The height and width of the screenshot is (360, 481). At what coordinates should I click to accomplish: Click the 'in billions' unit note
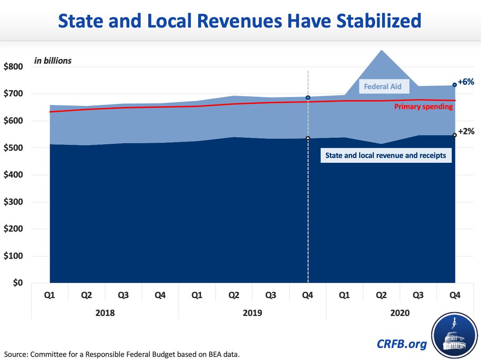pyautogui.click(x=53, y=61)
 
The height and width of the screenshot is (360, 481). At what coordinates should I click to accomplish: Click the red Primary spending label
pyautogui.click(x=424, y=107)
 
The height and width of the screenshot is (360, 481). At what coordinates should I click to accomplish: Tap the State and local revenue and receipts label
pyautogui.click(x=386, y=156)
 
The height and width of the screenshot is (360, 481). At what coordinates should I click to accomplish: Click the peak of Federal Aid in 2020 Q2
pyautogui.click(x=381, y=51)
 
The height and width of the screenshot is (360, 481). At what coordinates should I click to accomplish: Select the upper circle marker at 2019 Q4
pyautogui.click(x=308, y=97)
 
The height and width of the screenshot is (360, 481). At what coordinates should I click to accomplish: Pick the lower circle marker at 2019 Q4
pyautogui.click(x=308, y=138)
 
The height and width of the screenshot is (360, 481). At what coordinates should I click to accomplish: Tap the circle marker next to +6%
pyautogui.click(x=455, y=85)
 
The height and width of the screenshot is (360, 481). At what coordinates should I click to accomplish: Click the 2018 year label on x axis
pyautogui.click(x=105, y=312)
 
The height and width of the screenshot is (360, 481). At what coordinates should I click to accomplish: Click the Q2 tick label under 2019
pyautogui.click(x=234, y=295)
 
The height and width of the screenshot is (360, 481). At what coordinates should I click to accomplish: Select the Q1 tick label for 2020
pyautogui.click(x=344, y=295)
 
